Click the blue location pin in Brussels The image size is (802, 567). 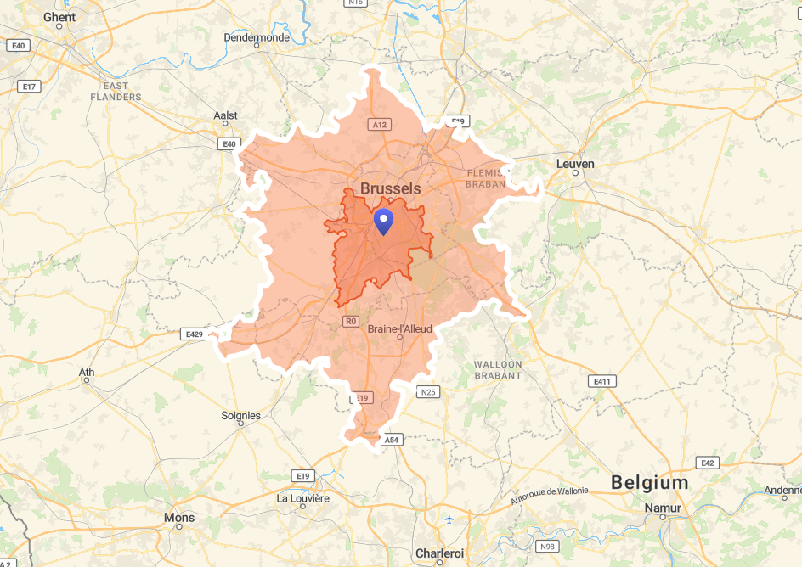(384, 222)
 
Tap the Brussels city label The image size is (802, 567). (390, 188)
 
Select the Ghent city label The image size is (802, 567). (59, 17)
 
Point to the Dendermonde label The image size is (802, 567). (257, 37)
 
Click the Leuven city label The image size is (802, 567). (575, 164)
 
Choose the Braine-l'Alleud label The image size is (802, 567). (399, 328)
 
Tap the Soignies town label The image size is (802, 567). (240, 416)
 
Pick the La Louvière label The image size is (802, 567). (303, 498)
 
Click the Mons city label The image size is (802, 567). (178, 518)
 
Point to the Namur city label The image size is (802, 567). (664, 508)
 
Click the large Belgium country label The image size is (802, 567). (650, 483)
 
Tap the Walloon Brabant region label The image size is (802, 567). (498, 370)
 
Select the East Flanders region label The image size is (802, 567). (116, 92)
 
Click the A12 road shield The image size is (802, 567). (380, 125)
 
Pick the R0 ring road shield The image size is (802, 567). (351, 321)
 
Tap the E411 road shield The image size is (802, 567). (603, 381)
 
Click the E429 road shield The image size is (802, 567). (195, 334)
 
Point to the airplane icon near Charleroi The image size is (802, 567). (449, 519)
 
